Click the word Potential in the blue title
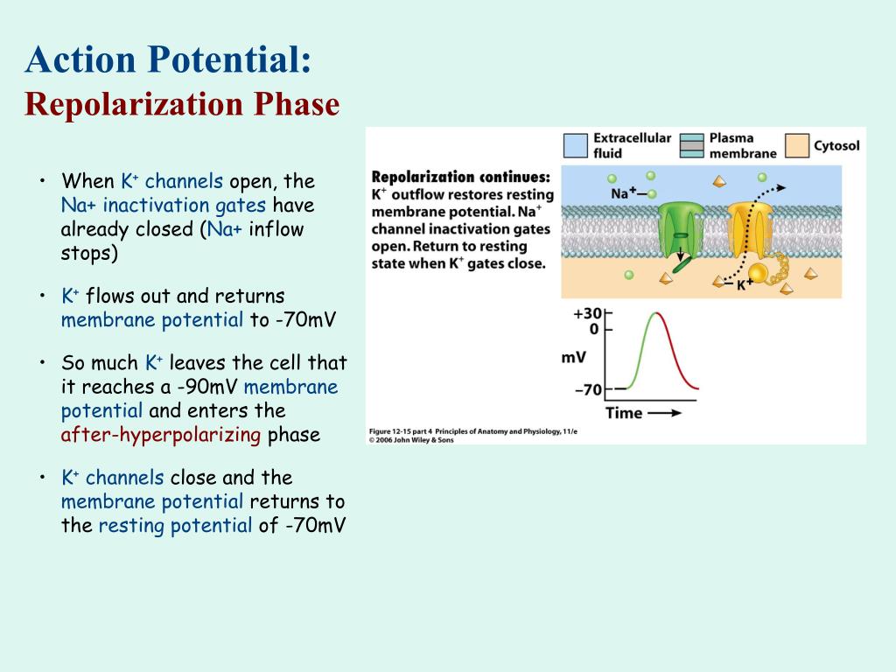click(230, 59)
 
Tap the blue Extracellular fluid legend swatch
click(576, 146)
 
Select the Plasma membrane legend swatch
click(691, 146)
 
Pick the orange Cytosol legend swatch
click(796, 146)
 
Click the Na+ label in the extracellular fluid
click(623, 193)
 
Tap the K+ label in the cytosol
click(744, 284)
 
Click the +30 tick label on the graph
click(587, 313)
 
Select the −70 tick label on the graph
click(589, 390)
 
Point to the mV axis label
click(574, 358)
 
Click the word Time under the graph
click(624, 413)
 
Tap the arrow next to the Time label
click(665, 413)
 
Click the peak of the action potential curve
click(656, 312)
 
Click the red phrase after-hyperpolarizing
click(161, 435)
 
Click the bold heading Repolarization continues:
click(460, 177)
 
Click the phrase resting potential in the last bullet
click(175, 526)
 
